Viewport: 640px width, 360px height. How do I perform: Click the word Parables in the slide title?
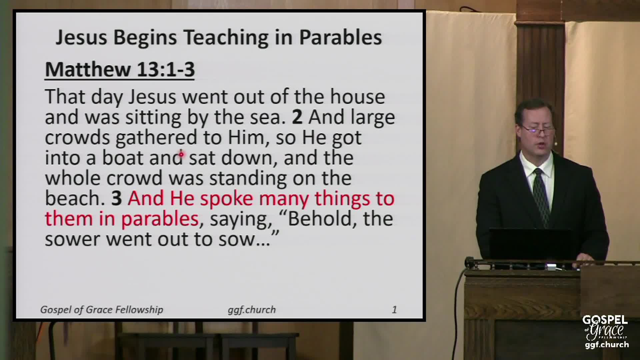[340, 37]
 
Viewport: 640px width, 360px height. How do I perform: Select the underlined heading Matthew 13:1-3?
[120, 70]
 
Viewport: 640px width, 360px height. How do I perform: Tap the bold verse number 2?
[297, 117]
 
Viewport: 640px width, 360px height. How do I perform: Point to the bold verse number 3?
[116, 198]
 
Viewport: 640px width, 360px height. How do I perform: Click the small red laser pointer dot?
[181, 154]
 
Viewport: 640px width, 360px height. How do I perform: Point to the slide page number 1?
[394, 310]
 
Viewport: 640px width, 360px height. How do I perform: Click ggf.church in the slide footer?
[252, 310]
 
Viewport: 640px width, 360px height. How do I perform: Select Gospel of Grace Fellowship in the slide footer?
[102, 310]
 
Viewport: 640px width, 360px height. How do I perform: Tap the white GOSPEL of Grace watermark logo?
[605, 332]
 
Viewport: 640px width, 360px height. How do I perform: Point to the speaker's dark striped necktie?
[541, 197]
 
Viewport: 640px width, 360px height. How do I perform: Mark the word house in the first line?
[357, 97]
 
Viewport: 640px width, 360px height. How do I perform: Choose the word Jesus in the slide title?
[81, 37]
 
